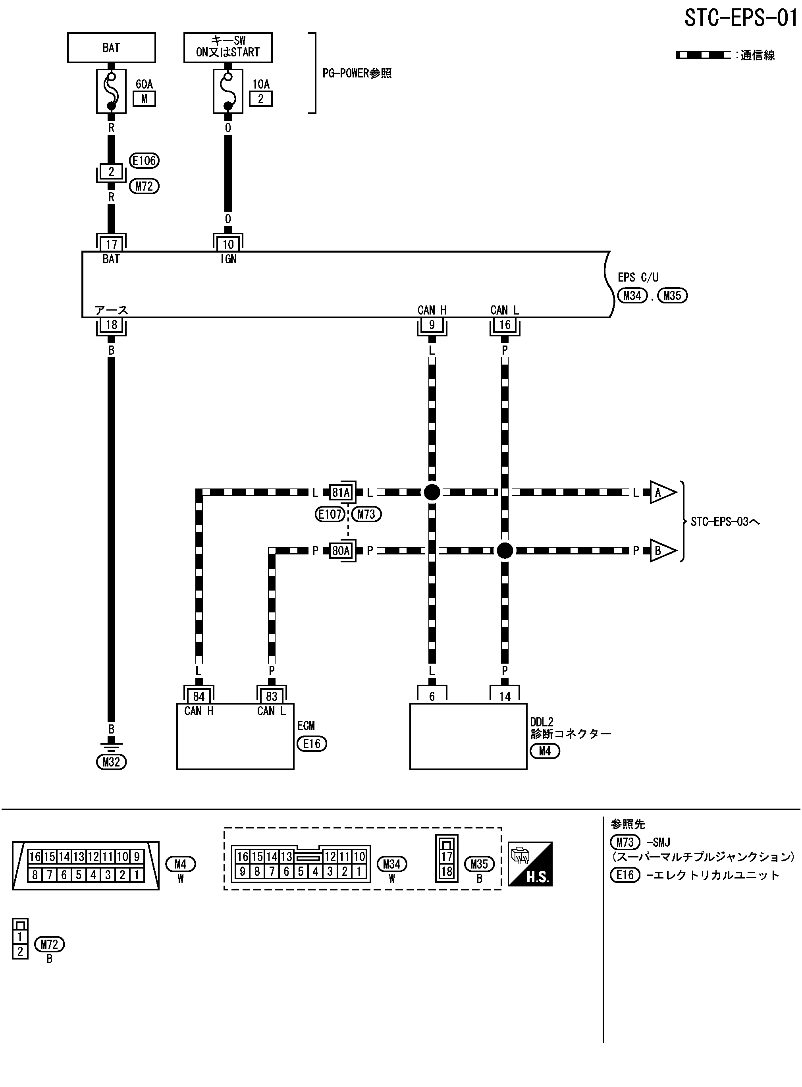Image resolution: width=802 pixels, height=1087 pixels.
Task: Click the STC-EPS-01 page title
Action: [740, 18]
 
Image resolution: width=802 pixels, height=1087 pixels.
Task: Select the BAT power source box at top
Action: [111, 48]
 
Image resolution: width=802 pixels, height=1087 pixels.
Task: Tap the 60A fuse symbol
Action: [111, 91]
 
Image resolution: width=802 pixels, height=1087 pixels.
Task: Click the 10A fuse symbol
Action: [227, 91]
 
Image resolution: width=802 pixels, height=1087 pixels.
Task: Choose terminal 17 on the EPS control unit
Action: [111, 244]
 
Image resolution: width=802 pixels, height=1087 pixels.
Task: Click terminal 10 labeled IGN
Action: [227, 244]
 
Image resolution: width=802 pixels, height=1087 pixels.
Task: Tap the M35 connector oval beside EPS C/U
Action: [673, 295]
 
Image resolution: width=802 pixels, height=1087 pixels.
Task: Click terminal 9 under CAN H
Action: [432, 325]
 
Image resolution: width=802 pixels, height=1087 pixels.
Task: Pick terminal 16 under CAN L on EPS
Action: [505, 325]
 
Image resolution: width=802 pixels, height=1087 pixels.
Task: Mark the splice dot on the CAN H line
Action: [432, 492]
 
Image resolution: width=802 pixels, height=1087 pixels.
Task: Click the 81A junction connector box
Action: [341, 493]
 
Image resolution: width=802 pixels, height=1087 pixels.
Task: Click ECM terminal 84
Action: [199, 697]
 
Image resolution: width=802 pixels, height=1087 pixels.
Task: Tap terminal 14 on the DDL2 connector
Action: [505, 697]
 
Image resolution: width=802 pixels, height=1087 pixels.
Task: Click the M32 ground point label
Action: [111, 762]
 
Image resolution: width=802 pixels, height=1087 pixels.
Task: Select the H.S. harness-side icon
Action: [530, 864]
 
